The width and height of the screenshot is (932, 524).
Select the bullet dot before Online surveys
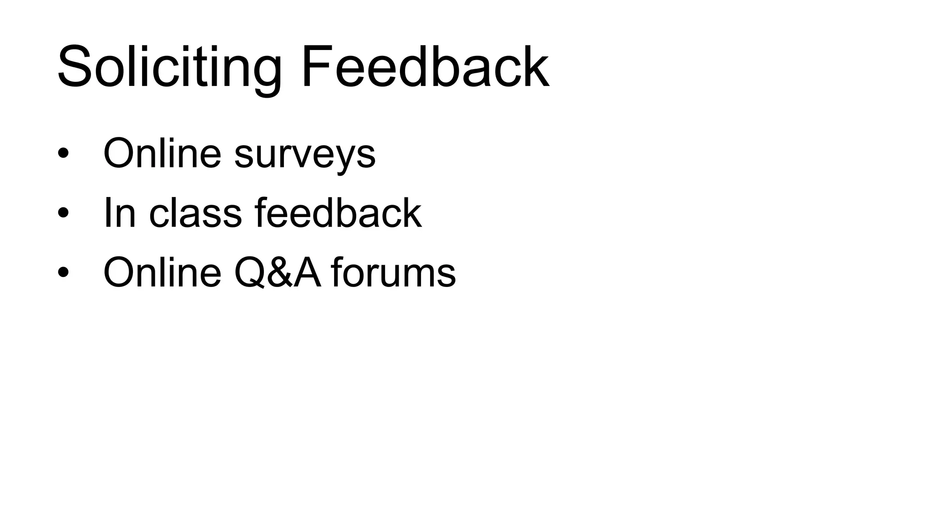click(63, 154)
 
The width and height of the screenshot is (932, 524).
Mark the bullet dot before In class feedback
click(63, 212)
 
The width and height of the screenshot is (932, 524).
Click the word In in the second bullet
click(120, 212)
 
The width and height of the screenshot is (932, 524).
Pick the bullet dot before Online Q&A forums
click(63, 272)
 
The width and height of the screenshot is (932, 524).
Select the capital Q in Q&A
click(249, 272)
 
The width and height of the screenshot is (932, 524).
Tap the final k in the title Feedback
click(534, 66)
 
